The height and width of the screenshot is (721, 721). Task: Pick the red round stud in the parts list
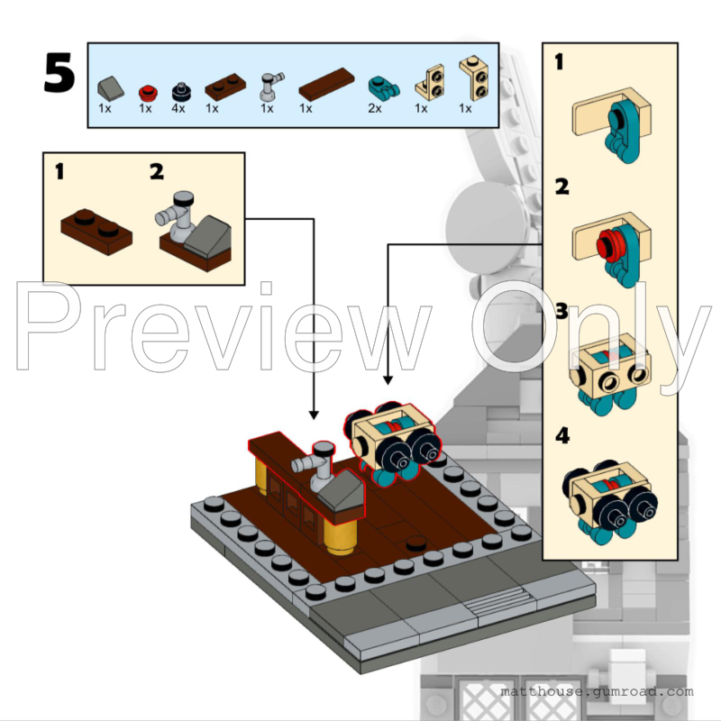coord(147,91)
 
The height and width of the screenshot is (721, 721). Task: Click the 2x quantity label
coord(374,108)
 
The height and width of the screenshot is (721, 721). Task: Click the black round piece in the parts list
coord(181,90)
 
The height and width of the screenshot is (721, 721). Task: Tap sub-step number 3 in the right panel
coord(562,311)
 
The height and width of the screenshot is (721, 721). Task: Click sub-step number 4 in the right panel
coord(562,436)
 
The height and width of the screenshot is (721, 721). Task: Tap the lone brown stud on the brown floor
coord(416,543)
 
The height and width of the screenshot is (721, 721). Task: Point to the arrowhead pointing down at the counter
coord(314,414)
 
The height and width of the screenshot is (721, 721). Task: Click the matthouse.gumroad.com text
coord(597,692)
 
